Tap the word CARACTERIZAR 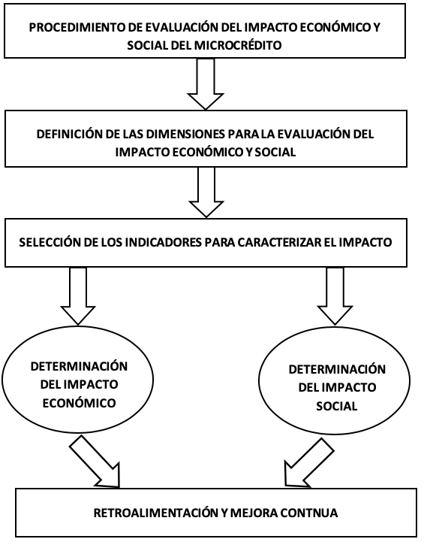point(277,242)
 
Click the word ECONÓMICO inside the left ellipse point(79,403)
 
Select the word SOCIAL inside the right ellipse point(337,406)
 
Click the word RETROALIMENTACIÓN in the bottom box point(155,513)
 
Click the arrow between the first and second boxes point(206,84)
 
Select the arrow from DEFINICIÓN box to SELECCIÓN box point(206,192)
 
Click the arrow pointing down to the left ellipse point(77,296)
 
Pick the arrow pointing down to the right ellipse point(335,296)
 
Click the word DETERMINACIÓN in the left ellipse point(79,366)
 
